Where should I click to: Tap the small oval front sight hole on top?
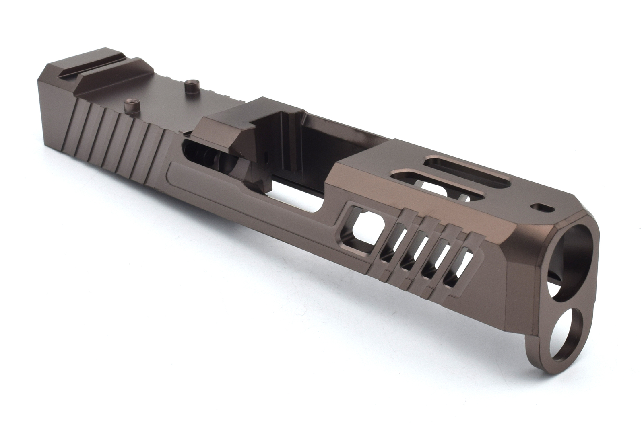[x=541, y=207]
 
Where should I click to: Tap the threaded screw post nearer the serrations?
[x=130, y=106]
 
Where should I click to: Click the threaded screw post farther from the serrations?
[x=190, y=86]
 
